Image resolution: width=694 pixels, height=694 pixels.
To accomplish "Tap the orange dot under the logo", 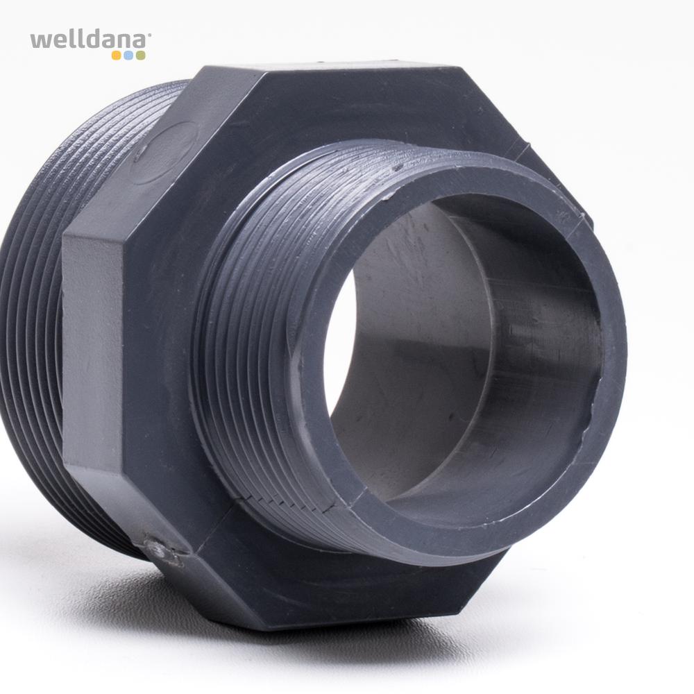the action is (117, 56).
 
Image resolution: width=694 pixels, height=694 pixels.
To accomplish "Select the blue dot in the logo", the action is (128, 56).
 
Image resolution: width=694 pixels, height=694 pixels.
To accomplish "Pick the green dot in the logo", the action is (140, 56).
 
